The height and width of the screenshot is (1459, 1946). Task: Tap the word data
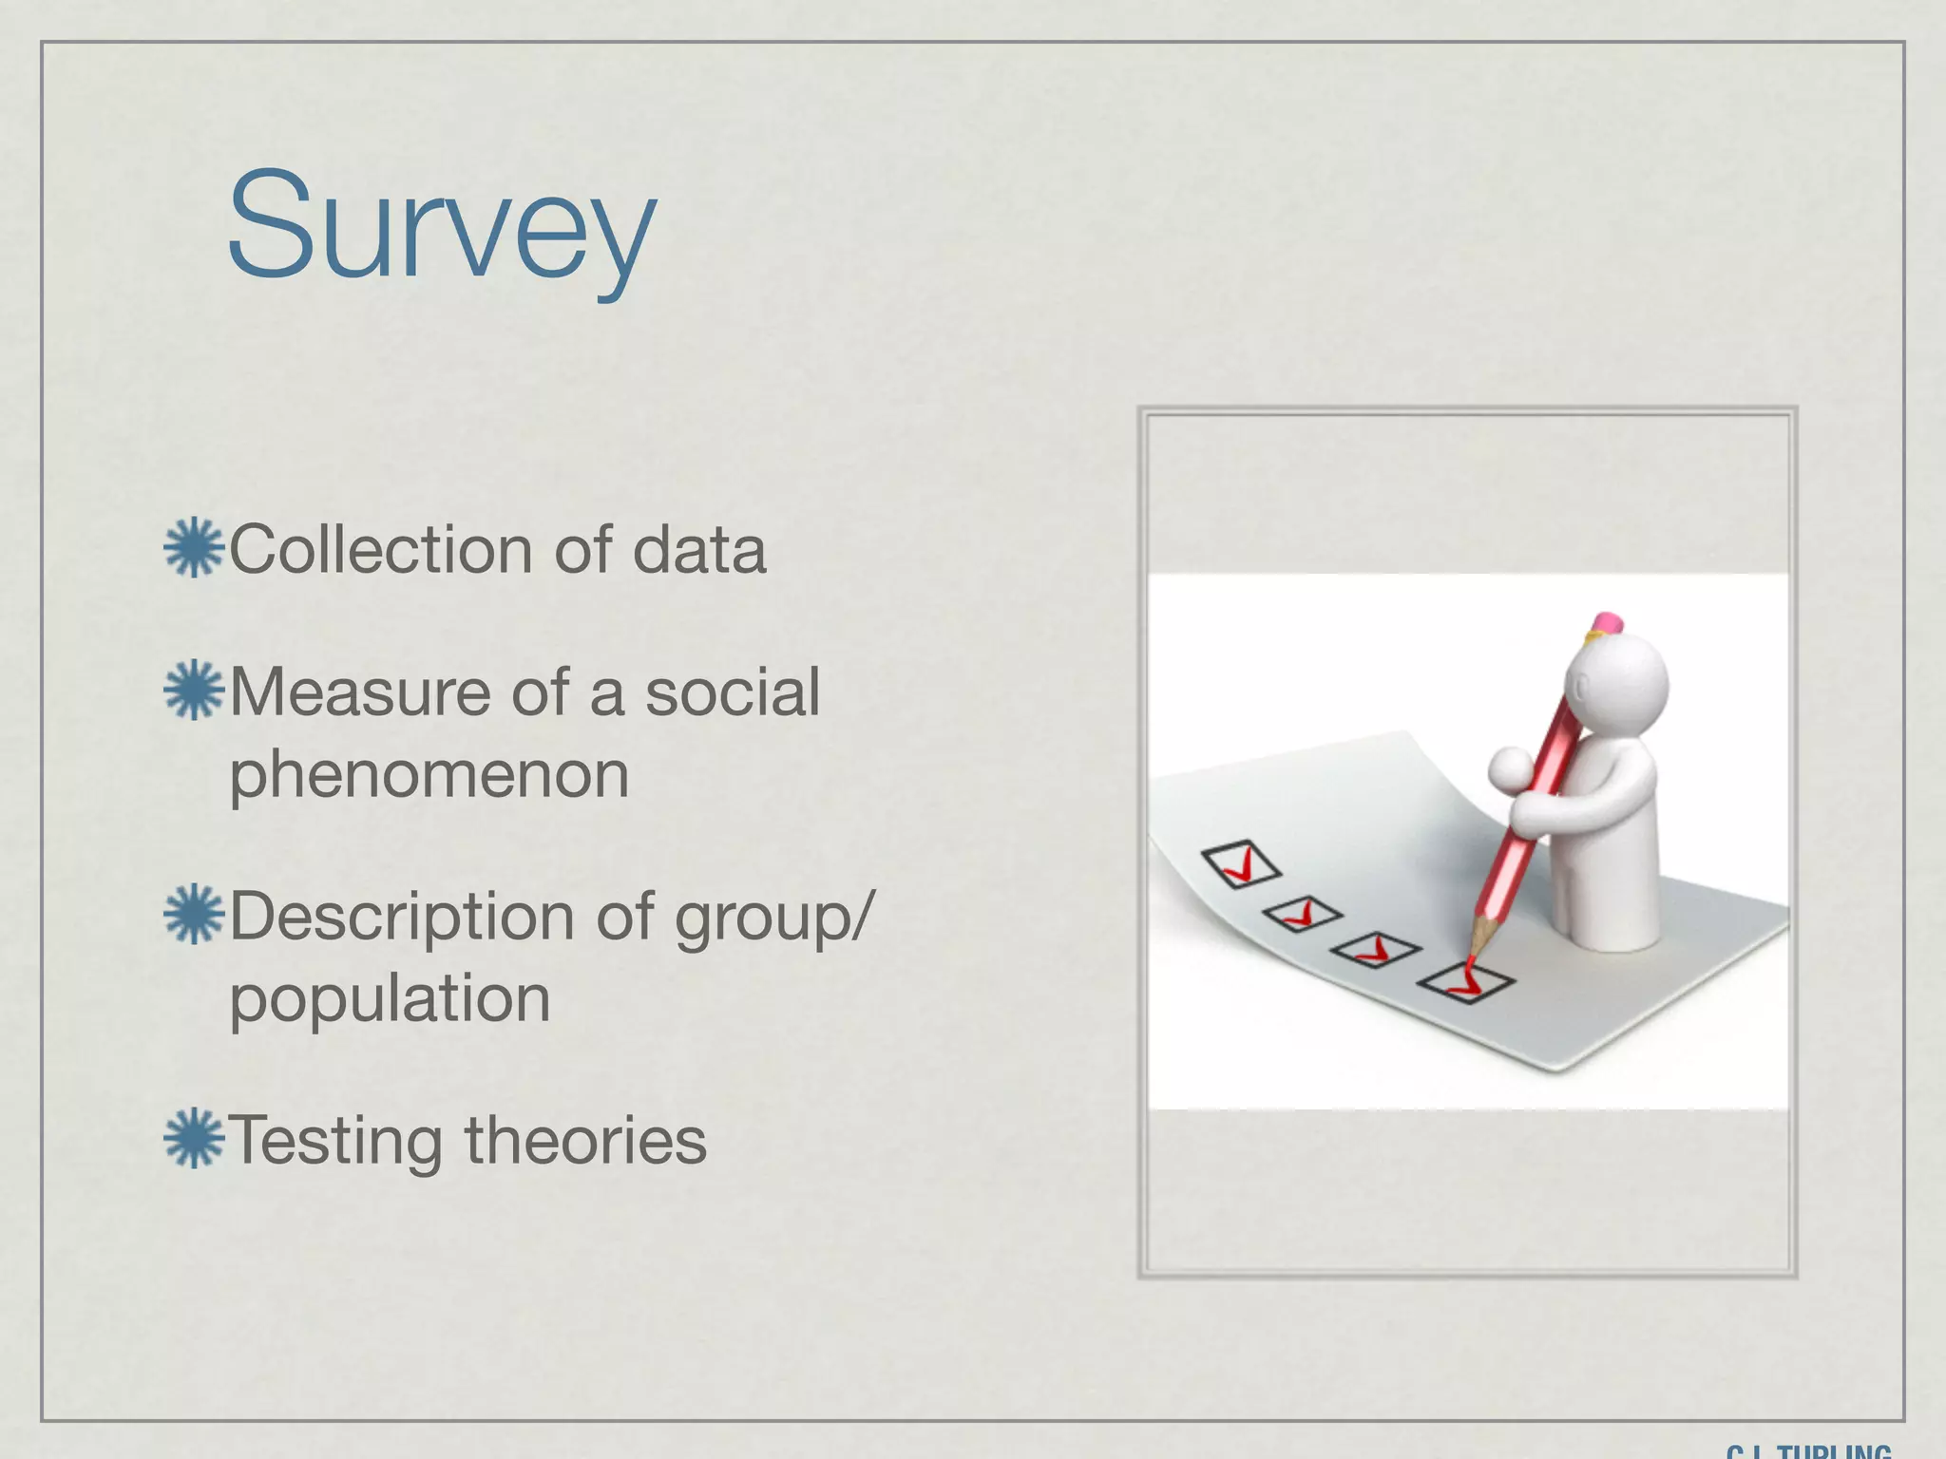click(x=698, y=550)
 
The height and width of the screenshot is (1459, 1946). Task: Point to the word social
click(x=733, y=692)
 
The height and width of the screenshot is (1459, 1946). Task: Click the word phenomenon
click(x=429, y=775)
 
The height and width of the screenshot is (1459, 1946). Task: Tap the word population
click(x=390, y=999)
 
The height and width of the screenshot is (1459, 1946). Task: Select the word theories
click(x=585, y=1140)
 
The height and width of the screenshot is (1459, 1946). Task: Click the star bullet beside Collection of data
click(x=194, y=548)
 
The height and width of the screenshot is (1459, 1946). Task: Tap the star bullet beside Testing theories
click(x=194, y=1138)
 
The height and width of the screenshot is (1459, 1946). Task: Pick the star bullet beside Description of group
click(x=194, y=915)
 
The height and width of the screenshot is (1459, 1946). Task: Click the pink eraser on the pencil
click(x=1608, y=622)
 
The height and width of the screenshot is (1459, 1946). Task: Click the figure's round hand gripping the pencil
click(x=1510, y=767)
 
